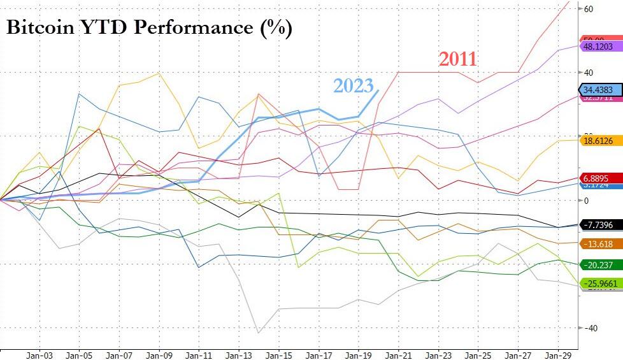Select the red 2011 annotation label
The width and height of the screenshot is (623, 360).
click(x=457, y=59)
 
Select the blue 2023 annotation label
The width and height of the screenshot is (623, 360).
click(x=354, y=87)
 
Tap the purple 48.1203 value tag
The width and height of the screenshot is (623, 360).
click(x=599, y=47)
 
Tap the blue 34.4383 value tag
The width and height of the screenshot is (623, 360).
click(x=599, y=90)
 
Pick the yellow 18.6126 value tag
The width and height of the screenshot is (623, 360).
click(x=599, y=140)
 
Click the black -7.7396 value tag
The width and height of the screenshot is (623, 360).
click(x=599, y=226)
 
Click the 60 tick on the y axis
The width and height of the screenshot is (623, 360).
click(x=589, y=9)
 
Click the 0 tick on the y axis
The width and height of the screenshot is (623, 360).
click(x=587, y=200)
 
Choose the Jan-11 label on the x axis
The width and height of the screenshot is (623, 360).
click(x=199, y=354)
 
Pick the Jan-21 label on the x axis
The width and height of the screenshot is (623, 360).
click(x=399, y=354)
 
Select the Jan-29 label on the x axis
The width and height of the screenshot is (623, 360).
click(x=560, y=354)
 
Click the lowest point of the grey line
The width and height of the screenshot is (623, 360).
click(x=259, y=333)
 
